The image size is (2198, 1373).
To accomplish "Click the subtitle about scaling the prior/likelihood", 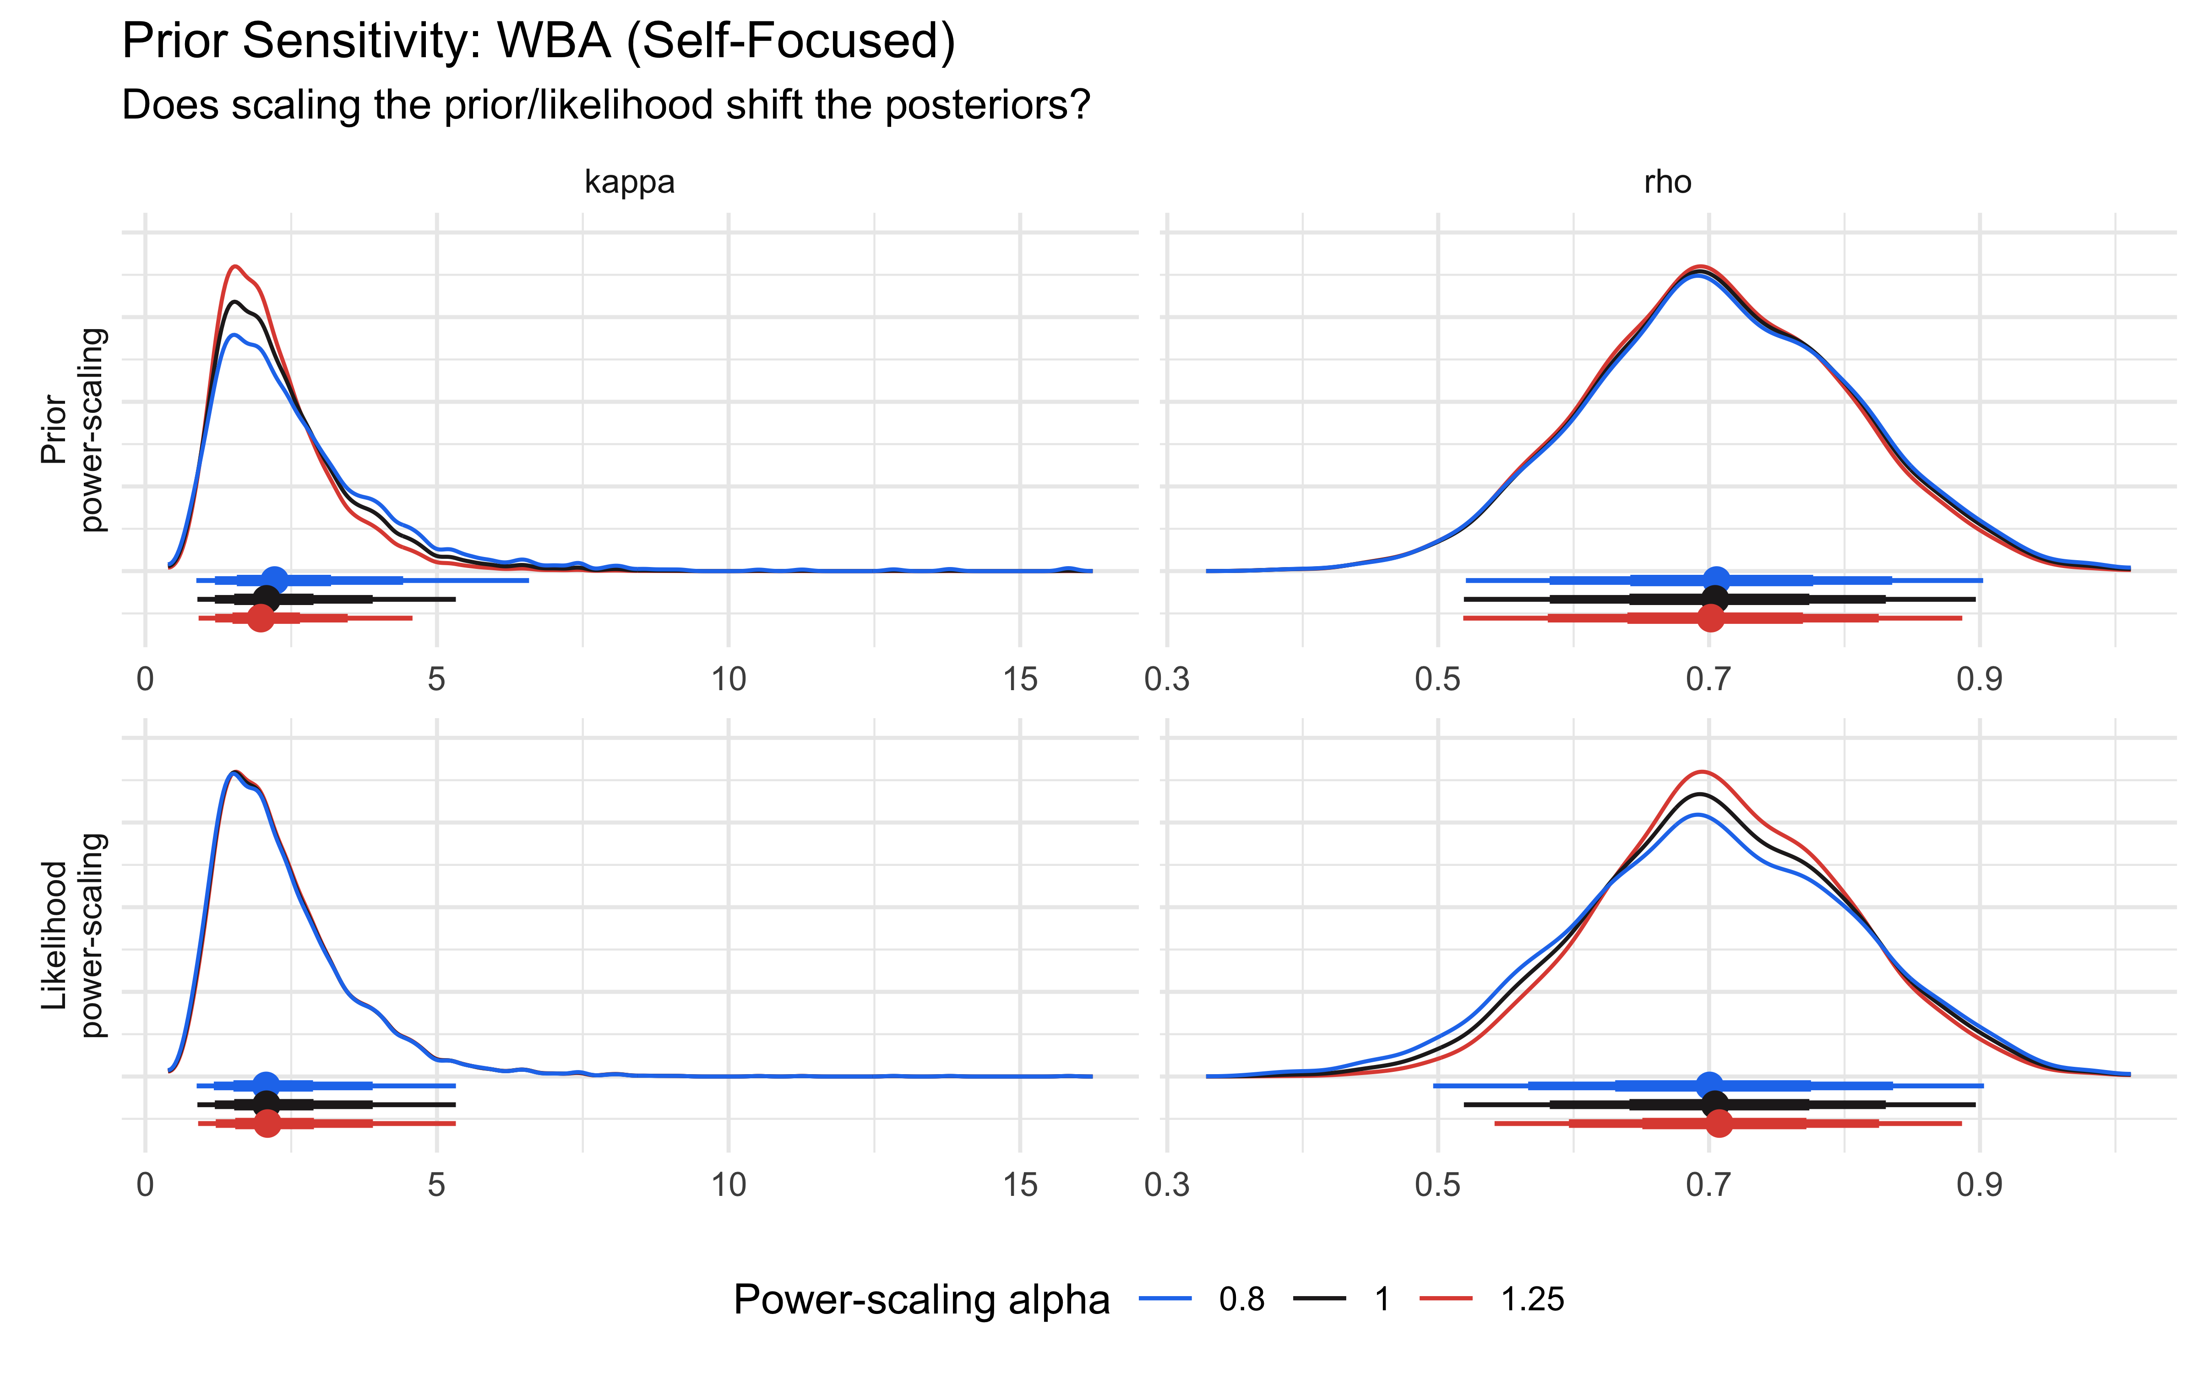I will (x=606, y=105).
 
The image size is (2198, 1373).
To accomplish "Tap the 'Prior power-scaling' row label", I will (x=73, y=429).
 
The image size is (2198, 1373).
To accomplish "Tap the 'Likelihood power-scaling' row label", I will (x=73, y=935).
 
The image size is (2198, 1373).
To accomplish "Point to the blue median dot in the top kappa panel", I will (x=274, y=579).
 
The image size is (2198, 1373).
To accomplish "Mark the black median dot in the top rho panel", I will (x=1714, y=599).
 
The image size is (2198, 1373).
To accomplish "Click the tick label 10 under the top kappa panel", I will (x=729, y=679).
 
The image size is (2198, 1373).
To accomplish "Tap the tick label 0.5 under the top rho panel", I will (x=1438, y=679).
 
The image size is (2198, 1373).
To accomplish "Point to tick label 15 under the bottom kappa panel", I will (x=1020, y=1185).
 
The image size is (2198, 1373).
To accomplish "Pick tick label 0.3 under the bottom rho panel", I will (x=1167, y=1185).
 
